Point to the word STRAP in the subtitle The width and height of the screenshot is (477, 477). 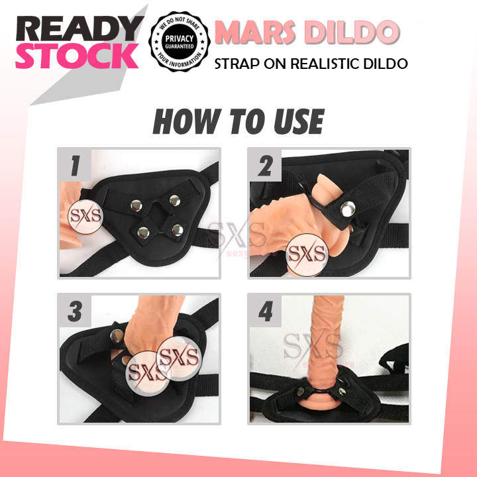tap(235, 64)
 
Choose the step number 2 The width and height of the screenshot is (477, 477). tap(265, 166)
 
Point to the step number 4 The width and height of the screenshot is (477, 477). tap(265, 311)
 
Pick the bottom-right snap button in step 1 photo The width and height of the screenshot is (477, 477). tap(176, 231)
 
